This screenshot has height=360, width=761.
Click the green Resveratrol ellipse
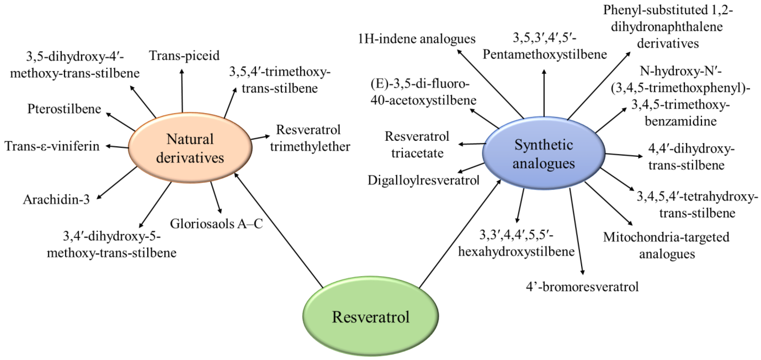(x=370, y=316)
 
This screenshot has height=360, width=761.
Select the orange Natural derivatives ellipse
(x=190, y=148)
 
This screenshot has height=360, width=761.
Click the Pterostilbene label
(x=64, y=109)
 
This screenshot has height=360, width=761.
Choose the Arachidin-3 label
(x=56, y=200)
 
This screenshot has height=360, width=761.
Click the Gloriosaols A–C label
(x=216, y=224)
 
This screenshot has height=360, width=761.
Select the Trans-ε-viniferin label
(x=52, y=146)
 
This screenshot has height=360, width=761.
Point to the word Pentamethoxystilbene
(x=545, y=55)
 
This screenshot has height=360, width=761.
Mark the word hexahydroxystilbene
(x=516, y=251)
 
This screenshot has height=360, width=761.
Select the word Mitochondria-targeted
(x=666, y=237)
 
